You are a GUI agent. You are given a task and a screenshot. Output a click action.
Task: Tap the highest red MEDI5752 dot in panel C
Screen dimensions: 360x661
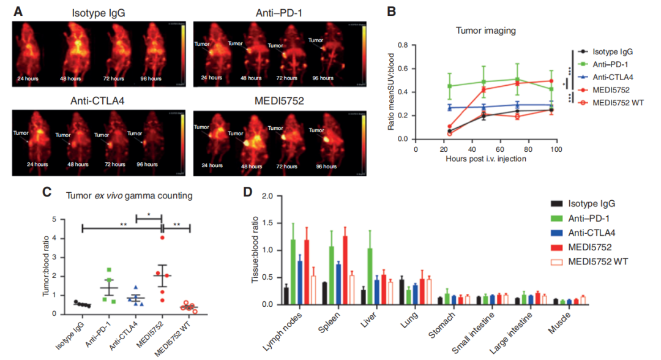point(162,238)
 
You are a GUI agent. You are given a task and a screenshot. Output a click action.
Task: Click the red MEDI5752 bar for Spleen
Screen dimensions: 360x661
point(345,270)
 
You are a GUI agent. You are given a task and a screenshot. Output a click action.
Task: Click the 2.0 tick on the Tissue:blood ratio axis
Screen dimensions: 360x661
point(263,197)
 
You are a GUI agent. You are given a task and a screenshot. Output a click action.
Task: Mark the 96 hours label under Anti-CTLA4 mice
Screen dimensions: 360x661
point(144,165)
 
